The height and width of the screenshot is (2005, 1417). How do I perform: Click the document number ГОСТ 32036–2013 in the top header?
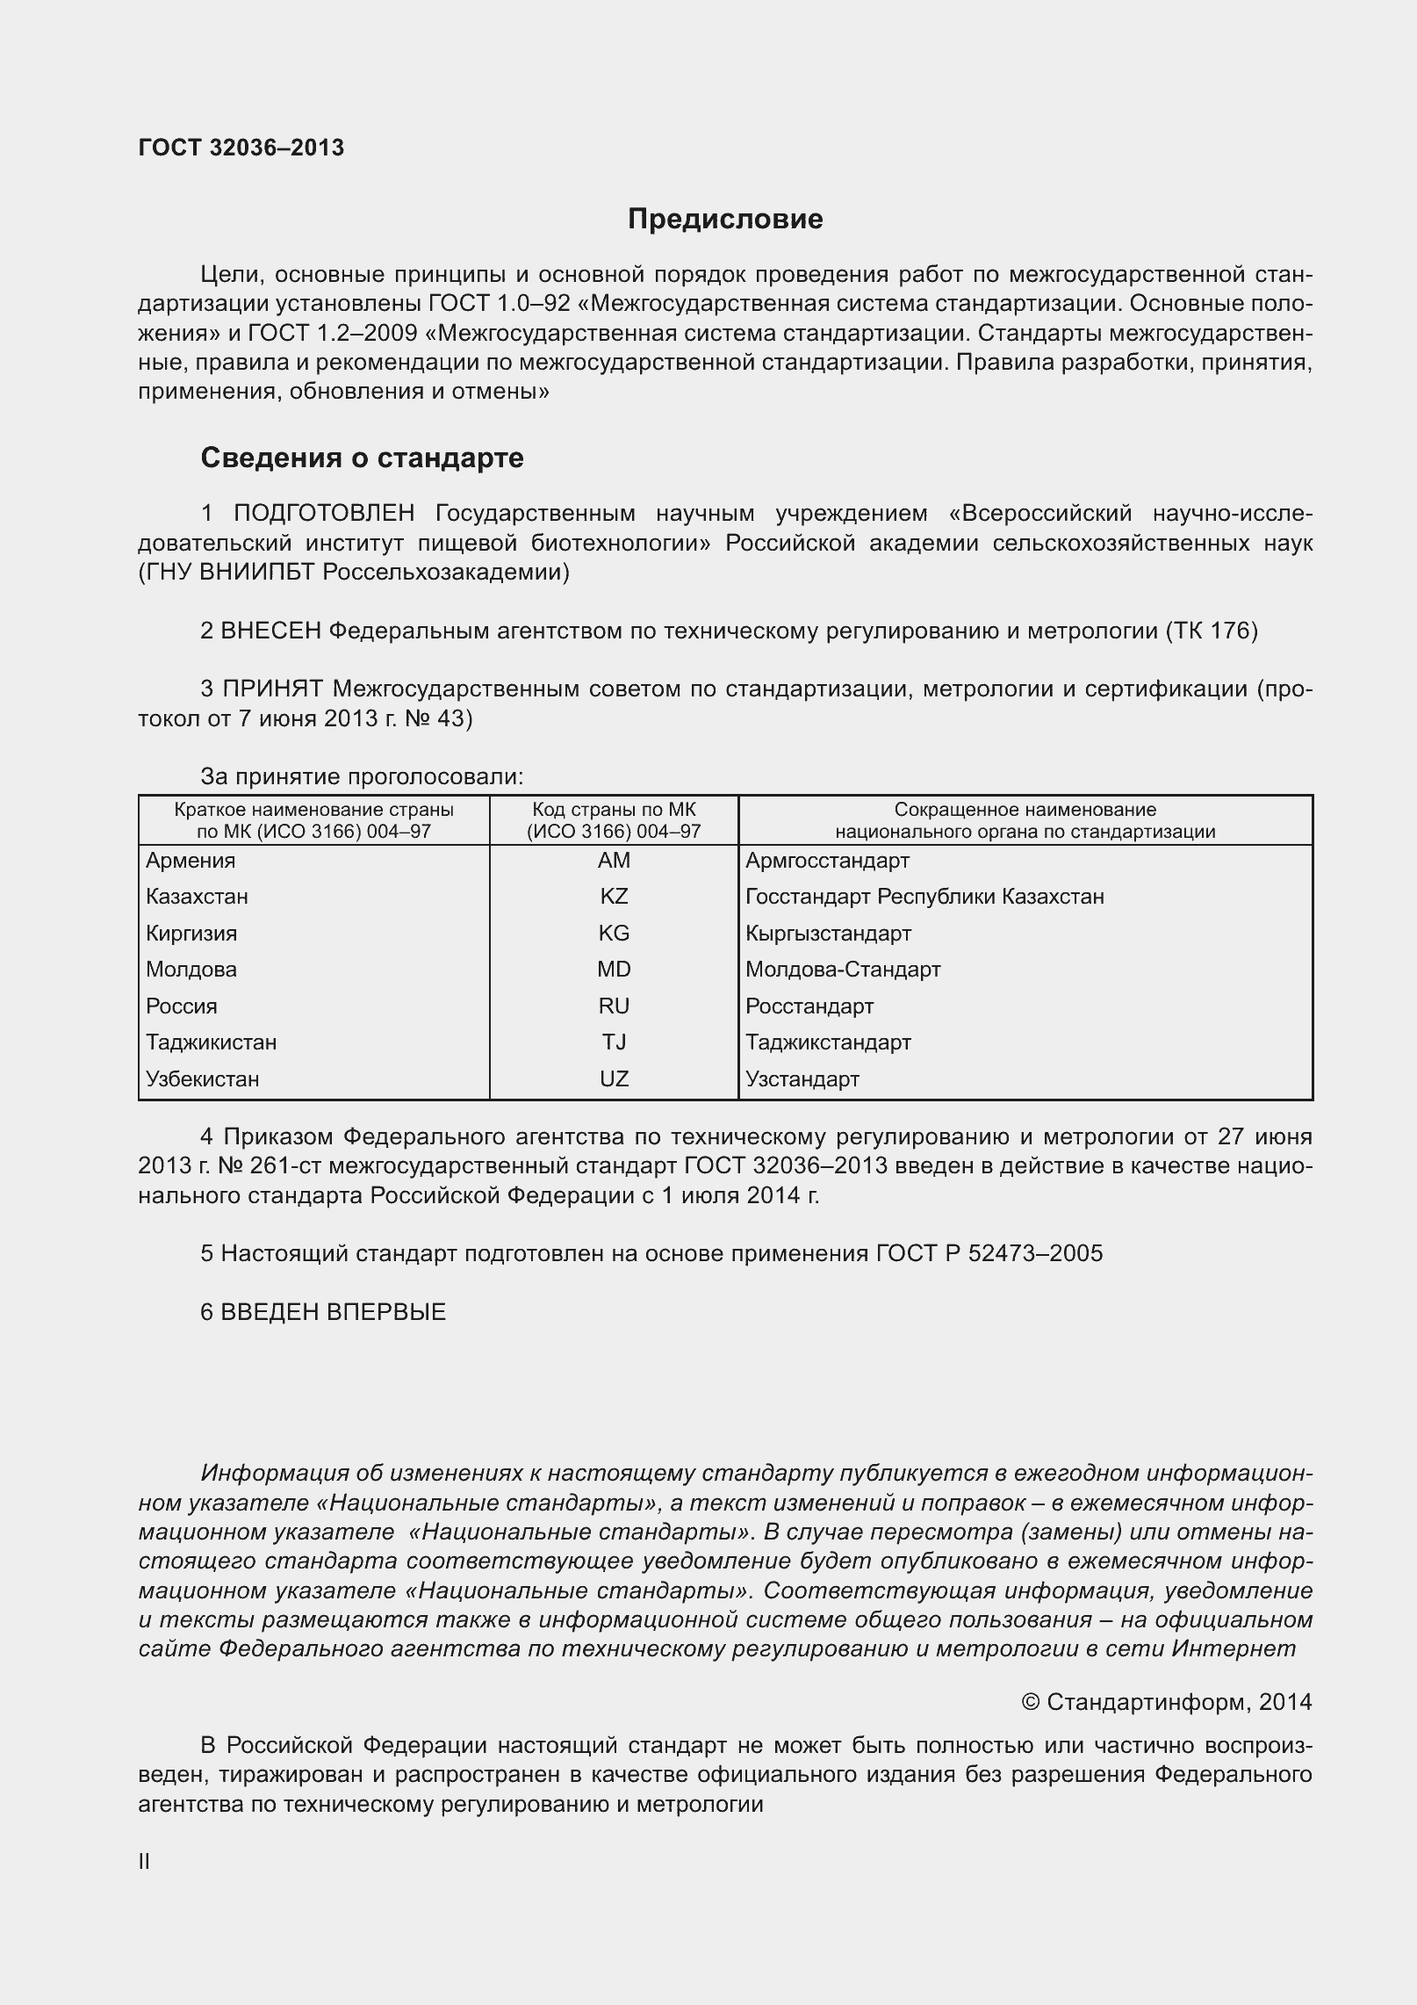point(241,148)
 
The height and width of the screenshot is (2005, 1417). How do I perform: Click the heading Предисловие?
point(725,219)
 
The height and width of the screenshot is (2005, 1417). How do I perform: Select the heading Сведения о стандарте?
point(362,458)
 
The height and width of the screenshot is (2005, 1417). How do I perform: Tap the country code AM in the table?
point(614,861)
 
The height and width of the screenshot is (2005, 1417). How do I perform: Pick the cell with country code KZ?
point(614,897)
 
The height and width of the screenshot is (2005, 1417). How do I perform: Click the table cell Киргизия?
point(191,934)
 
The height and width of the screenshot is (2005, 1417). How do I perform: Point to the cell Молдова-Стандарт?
point(843,970)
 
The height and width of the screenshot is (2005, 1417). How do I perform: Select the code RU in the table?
point(614,1006)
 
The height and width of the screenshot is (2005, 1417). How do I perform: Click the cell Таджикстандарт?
point(828,1042)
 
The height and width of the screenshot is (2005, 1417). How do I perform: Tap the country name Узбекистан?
point(203,1079)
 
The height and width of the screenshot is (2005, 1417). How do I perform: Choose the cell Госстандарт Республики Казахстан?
point(924,897)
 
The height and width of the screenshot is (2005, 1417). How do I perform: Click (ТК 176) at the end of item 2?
point(1212,631)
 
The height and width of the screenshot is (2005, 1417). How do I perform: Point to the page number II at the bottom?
point(145,1862)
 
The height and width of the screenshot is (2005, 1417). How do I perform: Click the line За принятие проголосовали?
point(362,776)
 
